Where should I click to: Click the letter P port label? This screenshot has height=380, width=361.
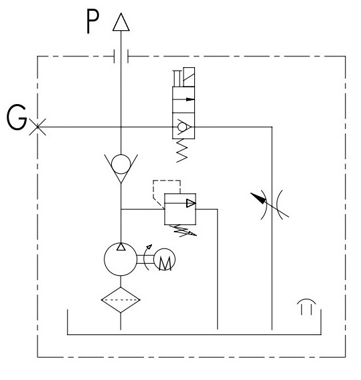[92, 21]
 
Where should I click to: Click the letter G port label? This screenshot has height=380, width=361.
[17, 117]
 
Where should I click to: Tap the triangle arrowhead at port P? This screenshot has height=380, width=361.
[121, 22]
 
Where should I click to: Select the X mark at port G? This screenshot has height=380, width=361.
[38, 127]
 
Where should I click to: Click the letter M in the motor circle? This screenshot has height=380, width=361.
[165, 263]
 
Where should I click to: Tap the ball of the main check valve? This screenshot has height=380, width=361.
[121, 164]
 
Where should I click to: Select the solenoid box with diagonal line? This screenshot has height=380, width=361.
[189, 77]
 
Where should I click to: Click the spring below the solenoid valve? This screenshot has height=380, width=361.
[182, 150]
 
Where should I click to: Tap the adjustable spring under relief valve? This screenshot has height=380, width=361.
[183, 231]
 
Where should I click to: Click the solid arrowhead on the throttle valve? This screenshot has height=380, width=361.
[259, 198]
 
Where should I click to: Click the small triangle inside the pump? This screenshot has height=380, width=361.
[121, 246]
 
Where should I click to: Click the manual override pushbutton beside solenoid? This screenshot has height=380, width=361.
[177, 79]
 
